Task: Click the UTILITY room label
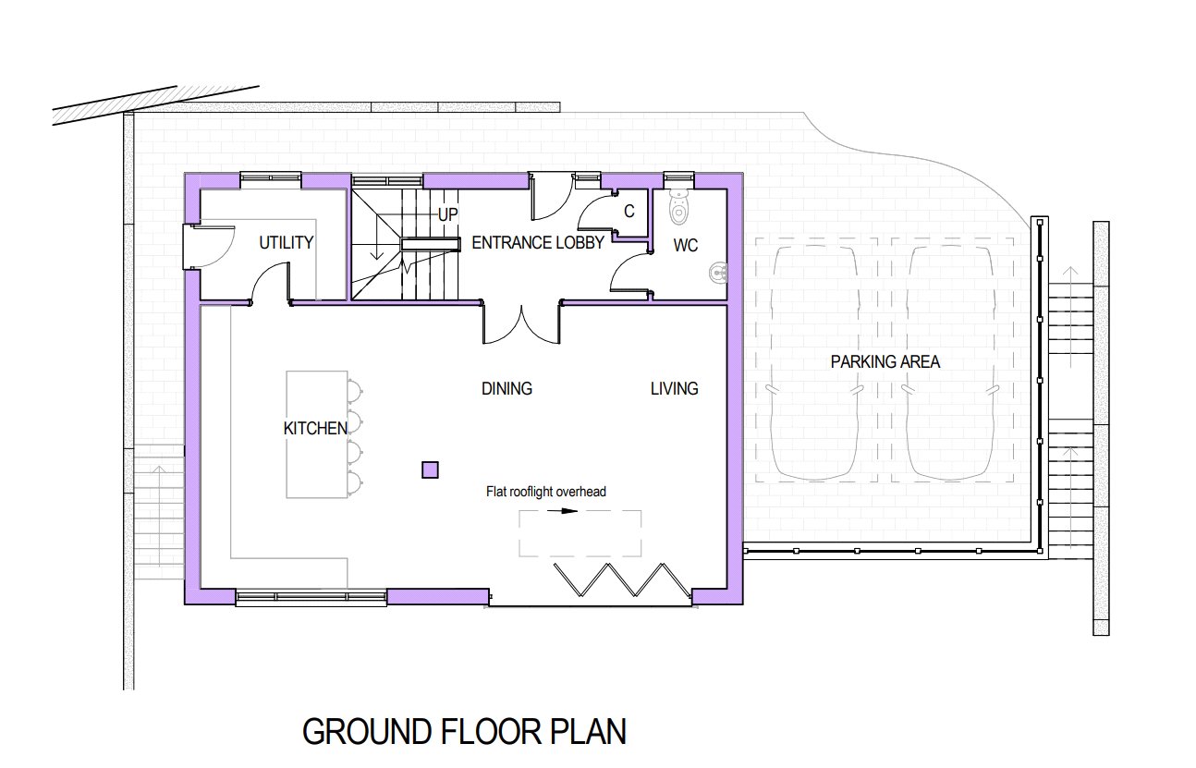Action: [x=287, y=243]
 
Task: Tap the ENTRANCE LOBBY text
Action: [x=538, y=243]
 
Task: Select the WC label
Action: [x=686, y=246]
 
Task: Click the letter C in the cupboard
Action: [x=629, y=212]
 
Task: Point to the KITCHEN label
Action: [x=315, y=428]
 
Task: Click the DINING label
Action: [x=506, y=388]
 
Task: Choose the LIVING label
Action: [x=675, y=388]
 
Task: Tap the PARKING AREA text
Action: [x=885, y=362]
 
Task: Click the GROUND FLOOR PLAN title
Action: [x=464, y=732]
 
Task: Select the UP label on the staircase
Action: [x=448, y=214]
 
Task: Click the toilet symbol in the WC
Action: [x=678, y=209]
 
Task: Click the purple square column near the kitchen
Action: [x=431, y=470]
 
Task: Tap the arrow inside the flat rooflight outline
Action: [x=562, y=511]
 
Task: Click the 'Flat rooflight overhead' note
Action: [x=545, y=492]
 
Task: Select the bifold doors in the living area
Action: [x=623, y=579]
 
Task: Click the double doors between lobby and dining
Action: [x=521, y=324]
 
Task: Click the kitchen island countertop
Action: [x=317, y=434]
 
